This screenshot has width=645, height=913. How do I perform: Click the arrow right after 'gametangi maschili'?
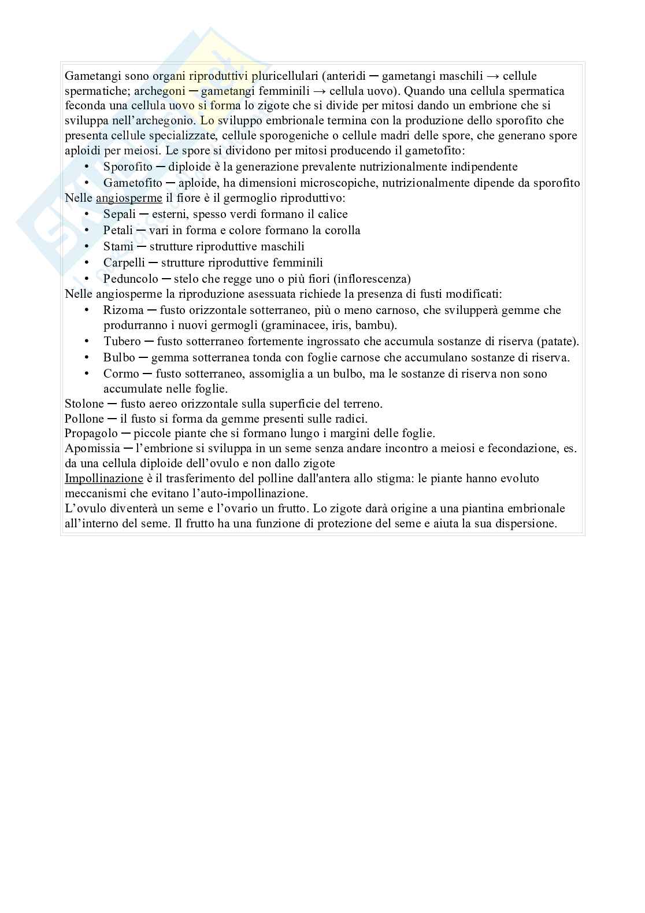(x=492, y=76)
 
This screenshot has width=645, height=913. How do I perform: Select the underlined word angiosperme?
(x=129, y=198)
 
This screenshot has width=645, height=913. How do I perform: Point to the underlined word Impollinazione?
(x=103, y=479)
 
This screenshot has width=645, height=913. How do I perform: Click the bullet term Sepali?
(x=120, y=215)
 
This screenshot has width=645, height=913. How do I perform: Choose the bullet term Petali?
(x=118, y=231)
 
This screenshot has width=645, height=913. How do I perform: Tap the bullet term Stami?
(x=118, y=247)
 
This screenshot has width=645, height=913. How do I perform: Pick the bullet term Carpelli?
(x=124, y=263)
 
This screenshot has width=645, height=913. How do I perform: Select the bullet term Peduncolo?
(x=131, y=279)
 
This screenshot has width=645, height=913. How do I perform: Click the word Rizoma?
(x=123, y=311)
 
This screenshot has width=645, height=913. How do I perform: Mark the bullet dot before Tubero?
(x=87, y=342)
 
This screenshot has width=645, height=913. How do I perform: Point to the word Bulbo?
(x=119, y=358)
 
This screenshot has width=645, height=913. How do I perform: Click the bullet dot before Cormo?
(x=87, y=374)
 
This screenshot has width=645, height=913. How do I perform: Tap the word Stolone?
(x=84, y=404)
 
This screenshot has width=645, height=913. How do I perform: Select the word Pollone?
(x=84, y=419)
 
